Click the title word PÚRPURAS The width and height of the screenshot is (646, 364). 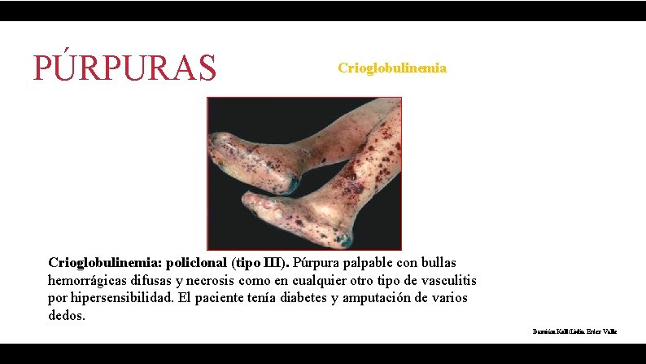pyautogui.click(x=125, y=67)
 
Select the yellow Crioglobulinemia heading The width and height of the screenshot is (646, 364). pyautogui.click(x=392, y=68)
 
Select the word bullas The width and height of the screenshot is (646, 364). pyautogui.click(x=437, y=263)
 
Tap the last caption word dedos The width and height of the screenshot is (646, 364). pyautogui.click(x=67, y=315)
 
